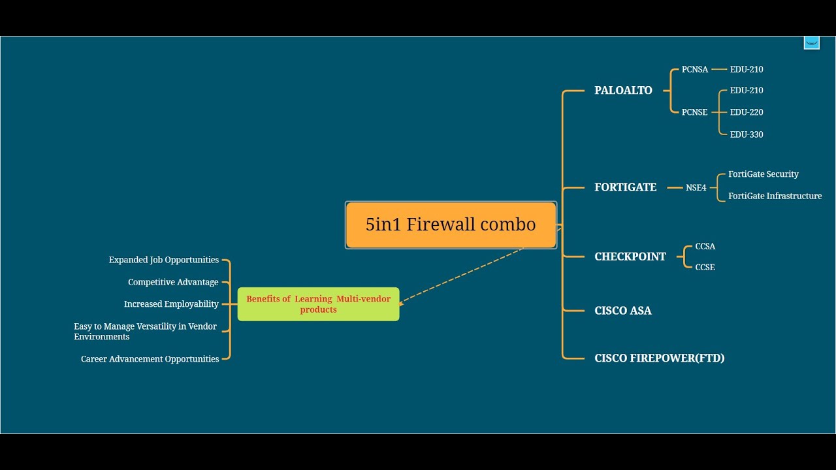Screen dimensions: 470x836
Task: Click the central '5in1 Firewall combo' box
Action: pos(451,225)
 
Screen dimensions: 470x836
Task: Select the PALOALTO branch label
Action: pos(623,91)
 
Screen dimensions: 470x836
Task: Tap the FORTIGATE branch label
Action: pos(625,187)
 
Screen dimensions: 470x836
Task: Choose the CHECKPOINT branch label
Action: pos(630,257)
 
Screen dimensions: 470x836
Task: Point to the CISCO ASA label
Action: pos(622,311)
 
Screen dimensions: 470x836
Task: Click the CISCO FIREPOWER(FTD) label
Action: pos(659,358)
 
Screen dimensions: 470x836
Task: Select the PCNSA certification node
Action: pos(694,69)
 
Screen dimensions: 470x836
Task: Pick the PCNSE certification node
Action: pos(694,112)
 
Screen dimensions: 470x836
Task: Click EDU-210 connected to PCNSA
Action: pos(747,69)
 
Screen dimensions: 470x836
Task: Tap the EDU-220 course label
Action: pos(747,112)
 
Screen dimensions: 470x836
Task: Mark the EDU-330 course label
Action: pos(747,134)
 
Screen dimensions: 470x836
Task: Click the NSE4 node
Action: pos(696,188)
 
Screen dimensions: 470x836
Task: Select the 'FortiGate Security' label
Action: pos(763,174)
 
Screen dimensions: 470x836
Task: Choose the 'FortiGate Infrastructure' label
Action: pos(775,196)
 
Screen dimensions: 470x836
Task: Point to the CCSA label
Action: pos(705,246)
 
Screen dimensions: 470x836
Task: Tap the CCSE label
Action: pos(705,267)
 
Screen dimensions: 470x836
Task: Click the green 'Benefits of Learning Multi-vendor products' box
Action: pos(318,304)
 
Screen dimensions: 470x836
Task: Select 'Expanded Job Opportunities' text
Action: pos(163,260)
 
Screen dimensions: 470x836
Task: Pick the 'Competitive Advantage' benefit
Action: pos(173,282)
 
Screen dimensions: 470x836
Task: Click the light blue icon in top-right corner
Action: pos(811,42)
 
